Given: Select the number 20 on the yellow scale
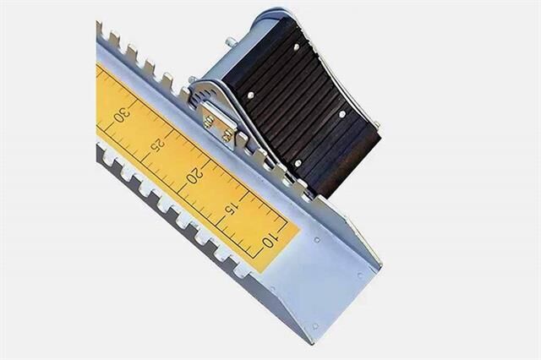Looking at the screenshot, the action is pyautogui.click(x=195, y=175).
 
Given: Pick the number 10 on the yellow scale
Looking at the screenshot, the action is pyautogui.click(x=270, y=240).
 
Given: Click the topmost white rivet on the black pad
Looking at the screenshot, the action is pyautogui.click(x=296, y=46).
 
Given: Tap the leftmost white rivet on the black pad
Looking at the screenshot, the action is pyautogui.click(x=251, y=95).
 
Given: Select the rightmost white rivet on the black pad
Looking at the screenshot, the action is pyautogui.click(x=342, y=114).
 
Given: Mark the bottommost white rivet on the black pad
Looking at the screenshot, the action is pyautogui.click(x=298, y=163).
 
